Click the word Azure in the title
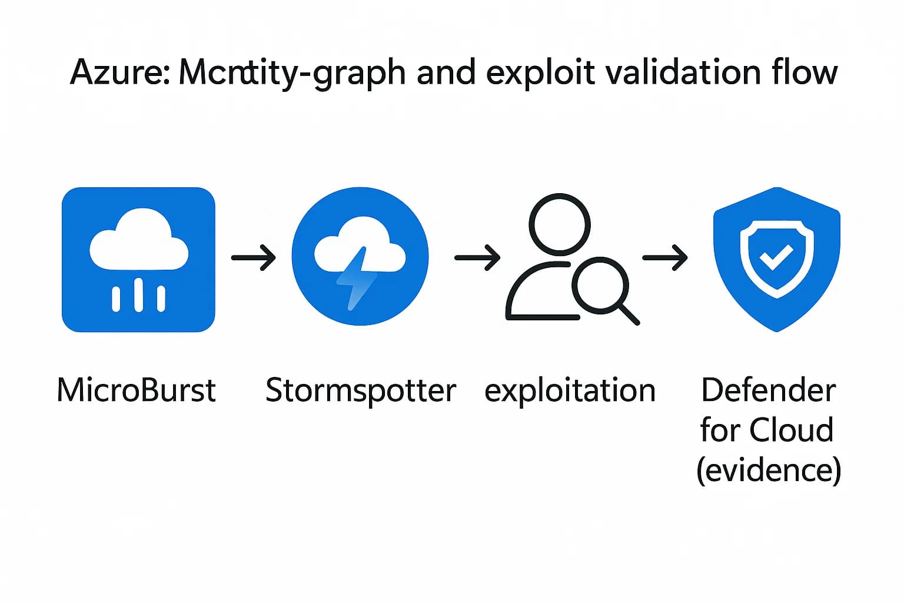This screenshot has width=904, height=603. [118, 73]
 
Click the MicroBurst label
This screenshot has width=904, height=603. [137, 390]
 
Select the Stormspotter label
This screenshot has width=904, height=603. [361, 390]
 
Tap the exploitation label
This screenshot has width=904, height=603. [570, 390]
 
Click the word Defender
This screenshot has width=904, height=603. [769, 390]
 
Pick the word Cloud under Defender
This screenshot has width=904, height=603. [792, 430]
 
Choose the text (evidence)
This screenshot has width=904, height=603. [769, 470]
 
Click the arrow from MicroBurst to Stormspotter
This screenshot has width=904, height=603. [253, 257]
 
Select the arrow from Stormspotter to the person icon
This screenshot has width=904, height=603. [477, 257]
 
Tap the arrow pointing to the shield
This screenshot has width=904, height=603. [665, 257]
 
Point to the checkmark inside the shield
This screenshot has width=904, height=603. [776, 257]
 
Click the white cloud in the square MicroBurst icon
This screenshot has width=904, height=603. [139, 241]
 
